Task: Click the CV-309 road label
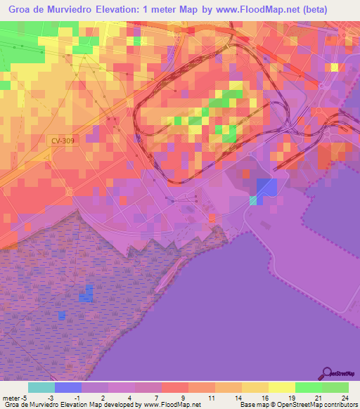click(63, 141)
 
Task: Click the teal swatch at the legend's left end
click(41, 387)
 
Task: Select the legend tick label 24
click(344, 397)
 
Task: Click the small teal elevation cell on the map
click(253, 200)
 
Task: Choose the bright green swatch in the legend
click(308, 387)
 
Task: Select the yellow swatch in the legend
click(281, 387)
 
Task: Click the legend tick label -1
click(82, 397)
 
